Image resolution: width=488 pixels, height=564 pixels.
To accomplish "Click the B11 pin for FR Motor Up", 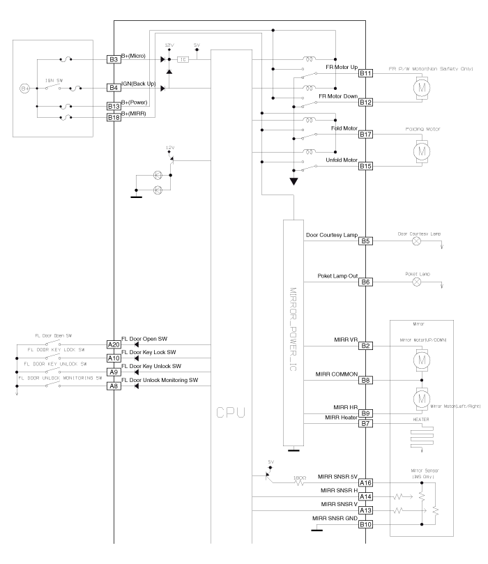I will pos(366,73).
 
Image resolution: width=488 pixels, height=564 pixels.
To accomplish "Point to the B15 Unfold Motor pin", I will pos(366,166).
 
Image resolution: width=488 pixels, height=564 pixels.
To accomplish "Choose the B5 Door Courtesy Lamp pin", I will pos(366,241).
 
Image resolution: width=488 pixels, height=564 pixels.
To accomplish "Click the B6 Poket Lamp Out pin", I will pos(366,282).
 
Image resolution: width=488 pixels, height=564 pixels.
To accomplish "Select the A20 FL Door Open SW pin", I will pos(114,344).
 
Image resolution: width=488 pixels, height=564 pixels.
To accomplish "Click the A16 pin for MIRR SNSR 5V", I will pos(366,482).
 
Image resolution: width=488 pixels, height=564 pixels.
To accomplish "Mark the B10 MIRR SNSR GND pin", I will pos(366,524).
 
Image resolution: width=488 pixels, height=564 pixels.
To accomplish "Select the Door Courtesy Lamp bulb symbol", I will pos(417,241).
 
